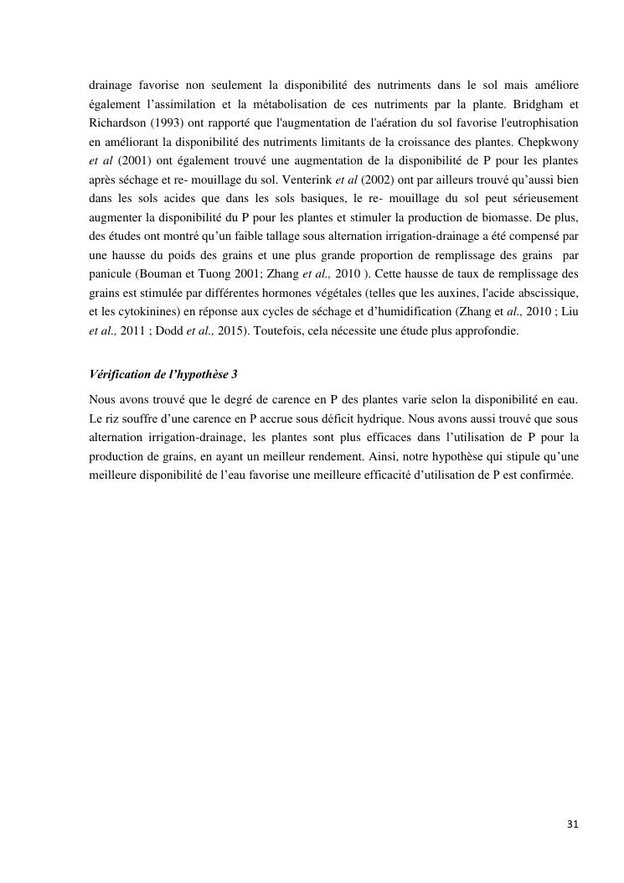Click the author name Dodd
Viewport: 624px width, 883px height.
coord(177,330)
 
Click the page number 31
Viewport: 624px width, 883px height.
coord(573,825)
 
